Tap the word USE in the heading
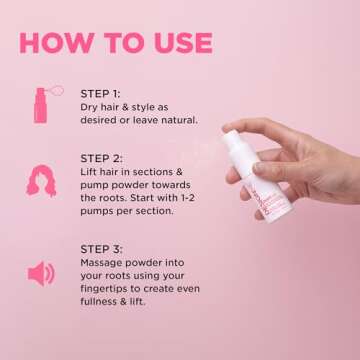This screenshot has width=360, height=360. (175, 43)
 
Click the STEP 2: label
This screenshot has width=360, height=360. (100, 157)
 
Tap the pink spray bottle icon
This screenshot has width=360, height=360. (41, 104)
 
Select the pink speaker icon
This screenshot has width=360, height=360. (41, 273)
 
